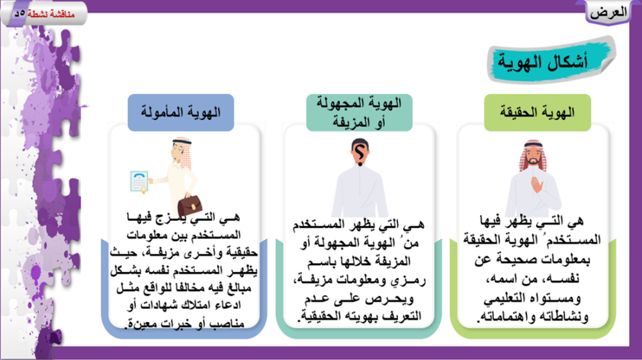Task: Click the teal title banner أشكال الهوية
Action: pos(551,60)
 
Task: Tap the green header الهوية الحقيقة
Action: pos(537,112)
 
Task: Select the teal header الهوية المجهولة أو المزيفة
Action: pos(359,112)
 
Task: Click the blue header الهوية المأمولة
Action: pos(180,112)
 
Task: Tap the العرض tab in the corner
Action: pos(609,12)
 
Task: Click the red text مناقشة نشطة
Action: pos(51,14)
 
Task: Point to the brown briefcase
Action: pos(189,204)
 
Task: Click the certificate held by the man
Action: pos(139,182)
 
